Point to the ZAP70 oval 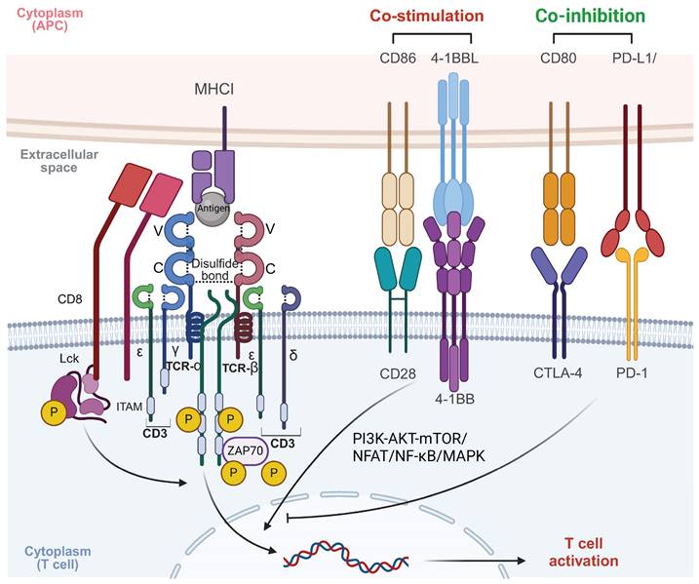coord(263,448)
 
